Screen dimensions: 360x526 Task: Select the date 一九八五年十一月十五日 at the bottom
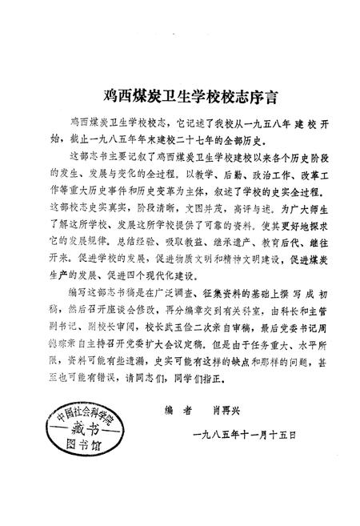pyautogui.click(x=245, y=435)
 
